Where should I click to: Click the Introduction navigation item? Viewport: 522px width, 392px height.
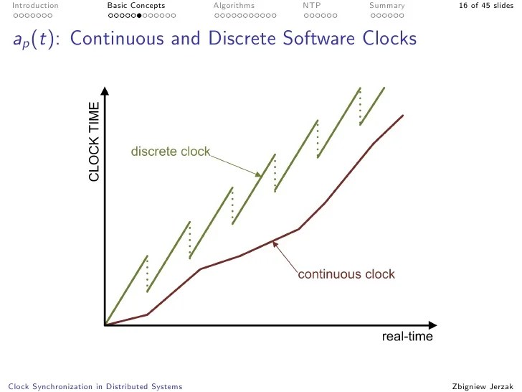(x=35, y=6)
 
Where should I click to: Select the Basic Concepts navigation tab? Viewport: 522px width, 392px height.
(x=136, y=6)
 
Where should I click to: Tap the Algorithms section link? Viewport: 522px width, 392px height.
(x=234, y=6)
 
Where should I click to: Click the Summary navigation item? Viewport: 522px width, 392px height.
(x=386, y=6)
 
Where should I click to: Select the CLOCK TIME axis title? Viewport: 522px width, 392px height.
(x=94, y=143)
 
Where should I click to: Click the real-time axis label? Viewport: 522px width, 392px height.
(x=407, y=336)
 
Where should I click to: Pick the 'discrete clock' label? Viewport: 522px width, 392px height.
(x=171, y=151)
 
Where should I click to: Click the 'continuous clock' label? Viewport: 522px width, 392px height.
(x=346, y=274)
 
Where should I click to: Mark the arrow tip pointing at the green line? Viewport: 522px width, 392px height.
(x=262, y=175)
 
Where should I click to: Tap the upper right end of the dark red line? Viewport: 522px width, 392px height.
(x=403, y=115)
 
